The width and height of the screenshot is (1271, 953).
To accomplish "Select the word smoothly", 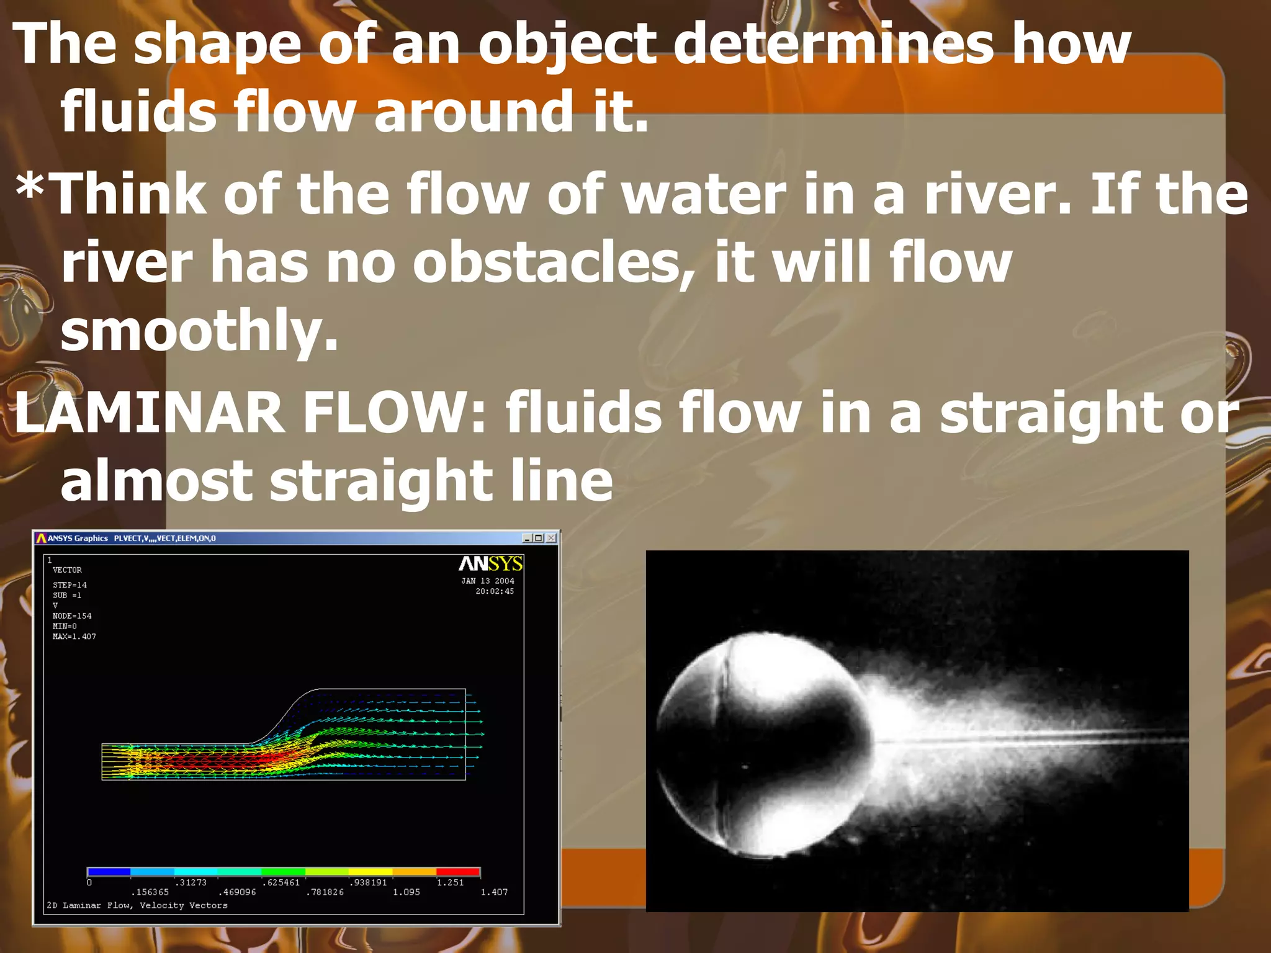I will tap(199, 331).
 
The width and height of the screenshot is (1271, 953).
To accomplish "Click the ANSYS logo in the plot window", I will tap(490, 563).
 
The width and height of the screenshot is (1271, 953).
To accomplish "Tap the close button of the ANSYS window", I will tap(550, 538).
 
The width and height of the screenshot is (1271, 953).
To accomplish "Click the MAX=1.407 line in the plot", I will tap(74, 637).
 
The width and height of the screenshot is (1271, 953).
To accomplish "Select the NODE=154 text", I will tap(72, 616).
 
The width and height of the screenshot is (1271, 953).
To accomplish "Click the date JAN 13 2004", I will tap(487, 581).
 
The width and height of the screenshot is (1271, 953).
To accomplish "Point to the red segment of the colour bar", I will tap(458, 872).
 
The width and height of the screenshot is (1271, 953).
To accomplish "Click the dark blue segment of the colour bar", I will tap(109, 872).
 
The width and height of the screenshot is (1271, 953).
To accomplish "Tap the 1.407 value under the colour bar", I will tap(494, 892).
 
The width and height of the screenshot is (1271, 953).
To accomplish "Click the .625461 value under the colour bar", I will tap(281, 882).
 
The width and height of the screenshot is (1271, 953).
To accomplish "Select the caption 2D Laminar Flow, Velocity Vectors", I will tap(137, 905).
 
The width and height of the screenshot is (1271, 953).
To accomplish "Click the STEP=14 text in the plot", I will tap(70, 585).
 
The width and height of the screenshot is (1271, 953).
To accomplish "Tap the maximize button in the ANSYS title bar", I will tap(538, 538).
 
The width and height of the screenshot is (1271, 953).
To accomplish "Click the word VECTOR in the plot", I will tap(67, 570).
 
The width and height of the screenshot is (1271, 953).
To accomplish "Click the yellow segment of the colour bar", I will tap(371, 872).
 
